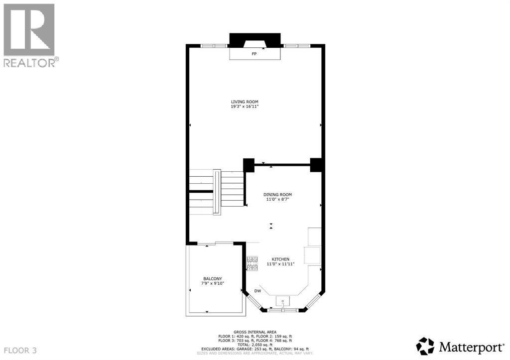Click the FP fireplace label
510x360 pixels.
click(x=254, y=53)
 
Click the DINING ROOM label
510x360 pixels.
click(x=277, y=194)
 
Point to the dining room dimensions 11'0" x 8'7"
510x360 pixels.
click(x=277, y=199)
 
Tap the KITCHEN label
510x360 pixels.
click(x=280, y=259)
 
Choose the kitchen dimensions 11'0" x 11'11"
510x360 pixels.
click(x=280, y=264)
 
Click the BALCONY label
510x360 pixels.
click(x=212, y=278)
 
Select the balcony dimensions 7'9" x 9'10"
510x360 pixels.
click(x=212, y=283)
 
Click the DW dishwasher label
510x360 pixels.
click(x=257, y=291)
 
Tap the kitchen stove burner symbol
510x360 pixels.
click(x=253, y=263)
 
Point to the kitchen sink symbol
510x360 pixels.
click(x=283, y=301)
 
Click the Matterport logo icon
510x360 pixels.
click(x=425, y=346)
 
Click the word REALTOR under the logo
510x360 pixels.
click(x=29, y=62)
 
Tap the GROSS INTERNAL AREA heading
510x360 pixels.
click(x=255, y=332)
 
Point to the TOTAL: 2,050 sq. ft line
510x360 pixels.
click(x=255, y=345)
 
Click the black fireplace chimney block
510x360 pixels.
click(x=255, y=40)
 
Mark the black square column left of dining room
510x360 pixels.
click(x=249, y=165)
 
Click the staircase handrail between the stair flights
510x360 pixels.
click(x=217, y=192)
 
